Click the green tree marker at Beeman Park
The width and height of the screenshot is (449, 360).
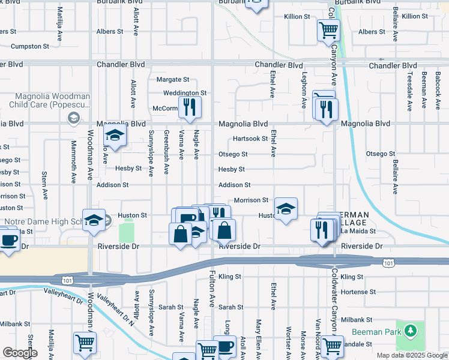click(x=411, y=331)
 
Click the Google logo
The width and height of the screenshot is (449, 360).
click(x=20, y=353)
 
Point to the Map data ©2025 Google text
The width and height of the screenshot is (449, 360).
click(x=411, y=355)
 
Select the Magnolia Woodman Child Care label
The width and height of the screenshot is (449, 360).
click(x=44, y=100)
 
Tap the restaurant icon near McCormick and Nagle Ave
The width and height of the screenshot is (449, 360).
click(x=190, y=108)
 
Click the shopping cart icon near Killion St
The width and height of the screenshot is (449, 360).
click(x=328, y=30)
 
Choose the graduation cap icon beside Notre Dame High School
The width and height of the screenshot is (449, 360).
click(x=94, y=221)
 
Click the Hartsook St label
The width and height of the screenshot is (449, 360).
click(x=250, y=139)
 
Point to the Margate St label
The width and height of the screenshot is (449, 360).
click(x=173, y=79)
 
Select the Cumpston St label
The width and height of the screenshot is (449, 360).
click(x=29, y=46)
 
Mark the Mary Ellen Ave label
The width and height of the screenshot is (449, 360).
click(x=258, y=339)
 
